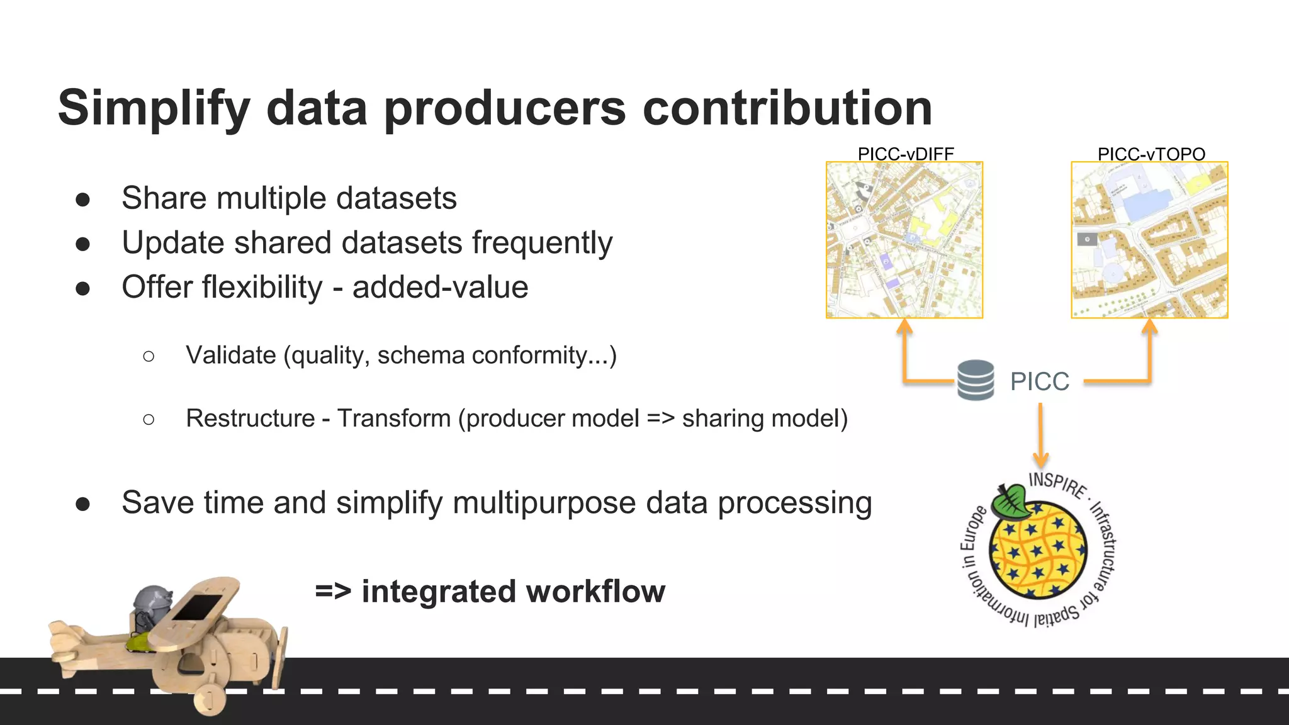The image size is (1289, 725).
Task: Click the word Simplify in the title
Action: pos(154,108)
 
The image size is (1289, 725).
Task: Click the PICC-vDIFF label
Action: pos(905,154)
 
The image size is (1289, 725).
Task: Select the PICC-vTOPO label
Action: pos(1151,154)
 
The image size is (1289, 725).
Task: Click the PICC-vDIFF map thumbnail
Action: pos(904,240)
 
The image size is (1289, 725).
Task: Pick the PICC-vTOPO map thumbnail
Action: pos(1149,240)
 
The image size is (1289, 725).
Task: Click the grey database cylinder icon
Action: pos(975,379)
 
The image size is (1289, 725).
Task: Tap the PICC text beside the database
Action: pos(1039,381)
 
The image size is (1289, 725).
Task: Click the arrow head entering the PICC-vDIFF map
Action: pos(904,326)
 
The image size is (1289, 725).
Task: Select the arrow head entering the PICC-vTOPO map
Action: pos(1149,326)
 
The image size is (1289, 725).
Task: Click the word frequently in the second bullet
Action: pos(542,244)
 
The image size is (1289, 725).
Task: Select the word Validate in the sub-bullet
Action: pos(230,356)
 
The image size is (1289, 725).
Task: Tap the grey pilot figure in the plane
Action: pos(151,604)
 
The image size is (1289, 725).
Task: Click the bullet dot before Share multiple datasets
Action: pos(82,200)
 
